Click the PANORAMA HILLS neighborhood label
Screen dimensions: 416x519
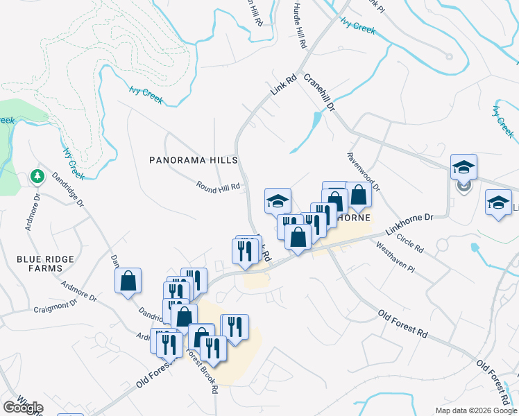click(194, 160)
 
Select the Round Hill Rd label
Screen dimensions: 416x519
click(218, 187)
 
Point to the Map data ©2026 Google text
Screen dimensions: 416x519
click(475, 410)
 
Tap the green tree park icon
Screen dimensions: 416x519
click(37, 177)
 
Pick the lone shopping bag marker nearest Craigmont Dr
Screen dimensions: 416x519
click(128, 281)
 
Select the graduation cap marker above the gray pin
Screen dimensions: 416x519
click(463, 166)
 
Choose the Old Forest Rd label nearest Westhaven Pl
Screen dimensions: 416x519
click(402, 324)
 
